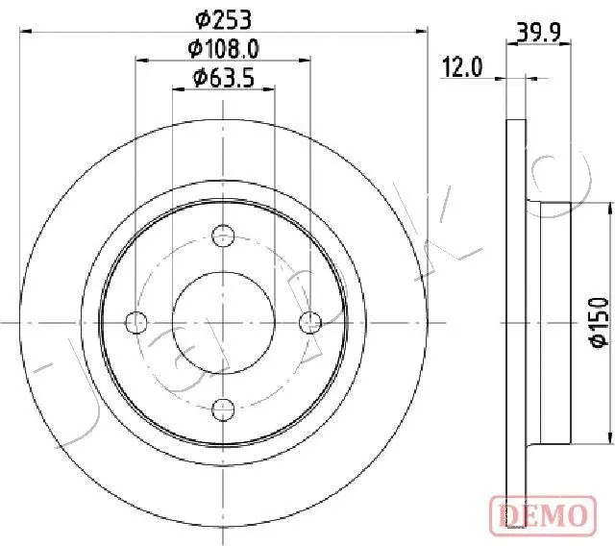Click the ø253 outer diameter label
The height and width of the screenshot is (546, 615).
(x=223, y=20)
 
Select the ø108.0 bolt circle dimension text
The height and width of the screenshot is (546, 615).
(x=223, y=49)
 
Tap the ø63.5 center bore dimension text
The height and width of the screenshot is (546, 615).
(x=224, y=77)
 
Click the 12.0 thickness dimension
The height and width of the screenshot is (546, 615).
(x=461, y=67)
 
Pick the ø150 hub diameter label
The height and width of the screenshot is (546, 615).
(x=600, y=322)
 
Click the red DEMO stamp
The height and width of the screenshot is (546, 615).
(x=543, y=515)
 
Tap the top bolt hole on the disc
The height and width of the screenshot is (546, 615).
(x=223, y=236)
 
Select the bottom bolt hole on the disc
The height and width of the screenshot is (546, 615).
(x=223, y=409)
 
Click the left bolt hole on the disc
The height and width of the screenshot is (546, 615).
(x=135, y=322)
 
